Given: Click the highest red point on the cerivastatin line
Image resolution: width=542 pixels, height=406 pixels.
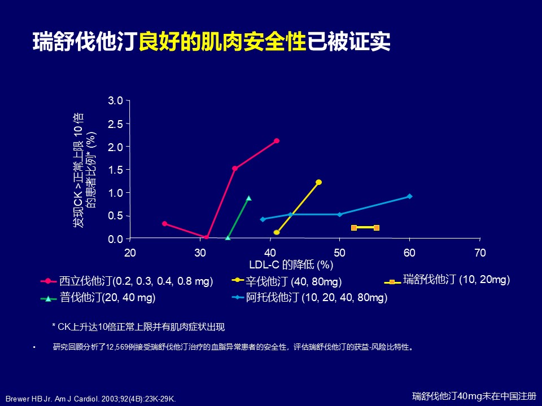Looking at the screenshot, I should [x=277, y=141].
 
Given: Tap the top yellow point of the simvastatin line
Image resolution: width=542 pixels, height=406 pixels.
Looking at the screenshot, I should [x=318, y=182].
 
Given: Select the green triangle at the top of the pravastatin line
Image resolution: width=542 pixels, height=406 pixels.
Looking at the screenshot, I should [x=248, y=198].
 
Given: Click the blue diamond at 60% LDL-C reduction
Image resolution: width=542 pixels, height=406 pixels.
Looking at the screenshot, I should [x=409, y=196].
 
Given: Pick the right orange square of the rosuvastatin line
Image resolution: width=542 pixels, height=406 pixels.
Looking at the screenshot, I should [x=377, y=228].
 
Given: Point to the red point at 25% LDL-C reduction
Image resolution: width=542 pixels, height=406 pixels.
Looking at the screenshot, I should [x=164, y=224].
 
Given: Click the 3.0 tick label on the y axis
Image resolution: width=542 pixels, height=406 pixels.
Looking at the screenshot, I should [x=116, y=100].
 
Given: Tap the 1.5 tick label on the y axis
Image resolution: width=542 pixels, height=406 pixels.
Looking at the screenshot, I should [x=116, y=170].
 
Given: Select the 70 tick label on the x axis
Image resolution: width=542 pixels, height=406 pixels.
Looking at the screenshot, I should [x=480, y=253].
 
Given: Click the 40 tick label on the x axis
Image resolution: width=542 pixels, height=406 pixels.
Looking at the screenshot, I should [x=270, y=253].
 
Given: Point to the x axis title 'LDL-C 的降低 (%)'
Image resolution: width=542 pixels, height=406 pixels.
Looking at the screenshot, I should [x=291, y=264].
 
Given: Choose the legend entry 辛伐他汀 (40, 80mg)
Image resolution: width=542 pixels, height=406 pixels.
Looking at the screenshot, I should [x=294, y=281].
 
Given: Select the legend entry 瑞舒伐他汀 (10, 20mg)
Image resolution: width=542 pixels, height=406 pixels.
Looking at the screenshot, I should [x=456, y=279].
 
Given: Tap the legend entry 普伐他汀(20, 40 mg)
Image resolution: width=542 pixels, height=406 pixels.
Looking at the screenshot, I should [x=107, y=297].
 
